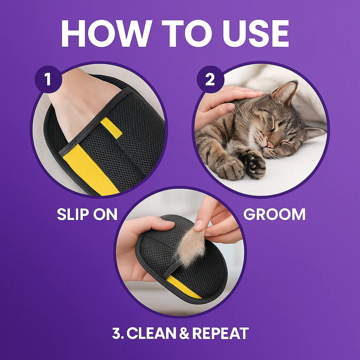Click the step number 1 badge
tap(47, 80)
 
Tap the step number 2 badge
tap(210, 80)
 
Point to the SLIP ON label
tap(87, 214)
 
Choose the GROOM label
tap(274, 214)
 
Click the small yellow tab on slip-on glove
tap(111, 127)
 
